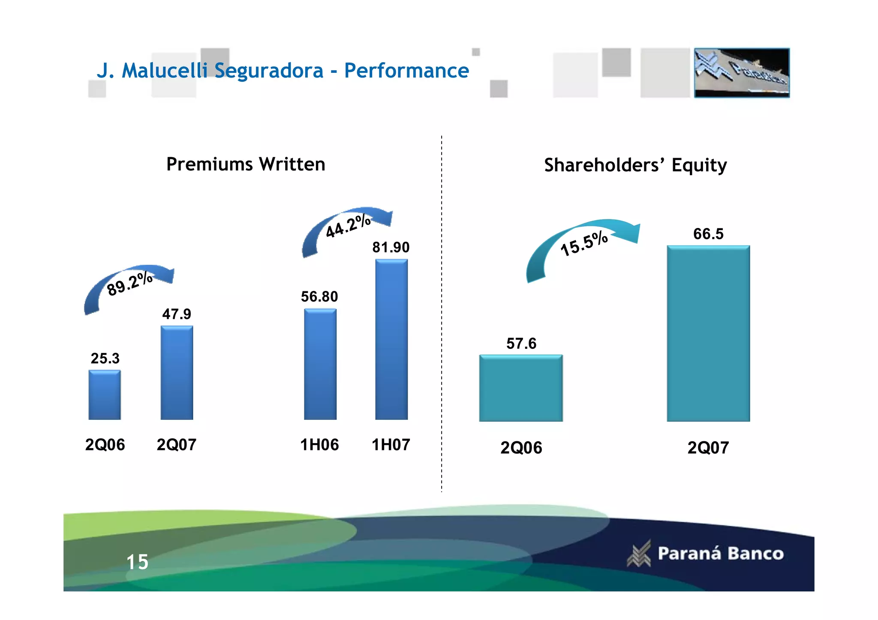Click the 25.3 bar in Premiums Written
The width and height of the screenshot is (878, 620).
[x=105, y=395]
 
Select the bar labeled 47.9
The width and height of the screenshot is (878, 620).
[x=177, y=373]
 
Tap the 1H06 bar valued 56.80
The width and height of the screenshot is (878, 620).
[x=320, y=364]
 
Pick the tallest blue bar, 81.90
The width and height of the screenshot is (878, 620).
[x=391, y=339]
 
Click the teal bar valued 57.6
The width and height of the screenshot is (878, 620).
[x=521, y=388]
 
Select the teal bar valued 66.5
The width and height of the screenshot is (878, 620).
[x=708, y=333]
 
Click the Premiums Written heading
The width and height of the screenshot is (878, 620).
[x=246, y=164]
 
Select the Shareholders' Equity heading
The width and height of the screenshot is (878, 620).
[x=635, y=165]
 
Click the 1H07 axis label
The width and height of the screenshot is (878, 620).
[x=391, y=445]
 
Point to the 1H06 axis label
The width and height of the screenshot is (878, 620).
[x=319, y=445]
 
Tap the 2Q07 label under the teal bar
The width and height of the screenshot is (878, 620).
[x=708, y=448]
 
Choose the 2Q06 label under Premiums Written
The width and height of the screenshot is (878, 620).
[x=105, y=445]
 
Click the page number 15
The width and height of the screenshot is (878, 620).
[x=137, y=562]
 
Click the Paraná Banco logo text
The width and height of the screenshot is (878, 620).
[x=720, y=554]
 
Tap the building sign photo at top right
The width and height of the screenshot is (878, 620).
[x=742, y=73]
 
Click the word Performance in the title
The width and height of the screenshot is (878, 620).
[x=406, y=71]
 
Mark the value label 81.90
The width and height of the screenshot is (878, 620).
[x=391, y=247]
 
